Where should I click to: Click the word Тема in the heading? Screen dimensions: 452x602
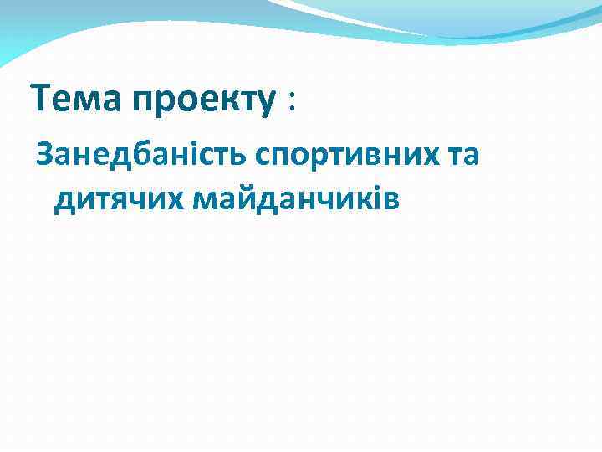(x=77, y=100)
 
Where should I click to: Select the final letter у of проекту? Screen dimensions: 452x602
(x=268, y=105)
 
